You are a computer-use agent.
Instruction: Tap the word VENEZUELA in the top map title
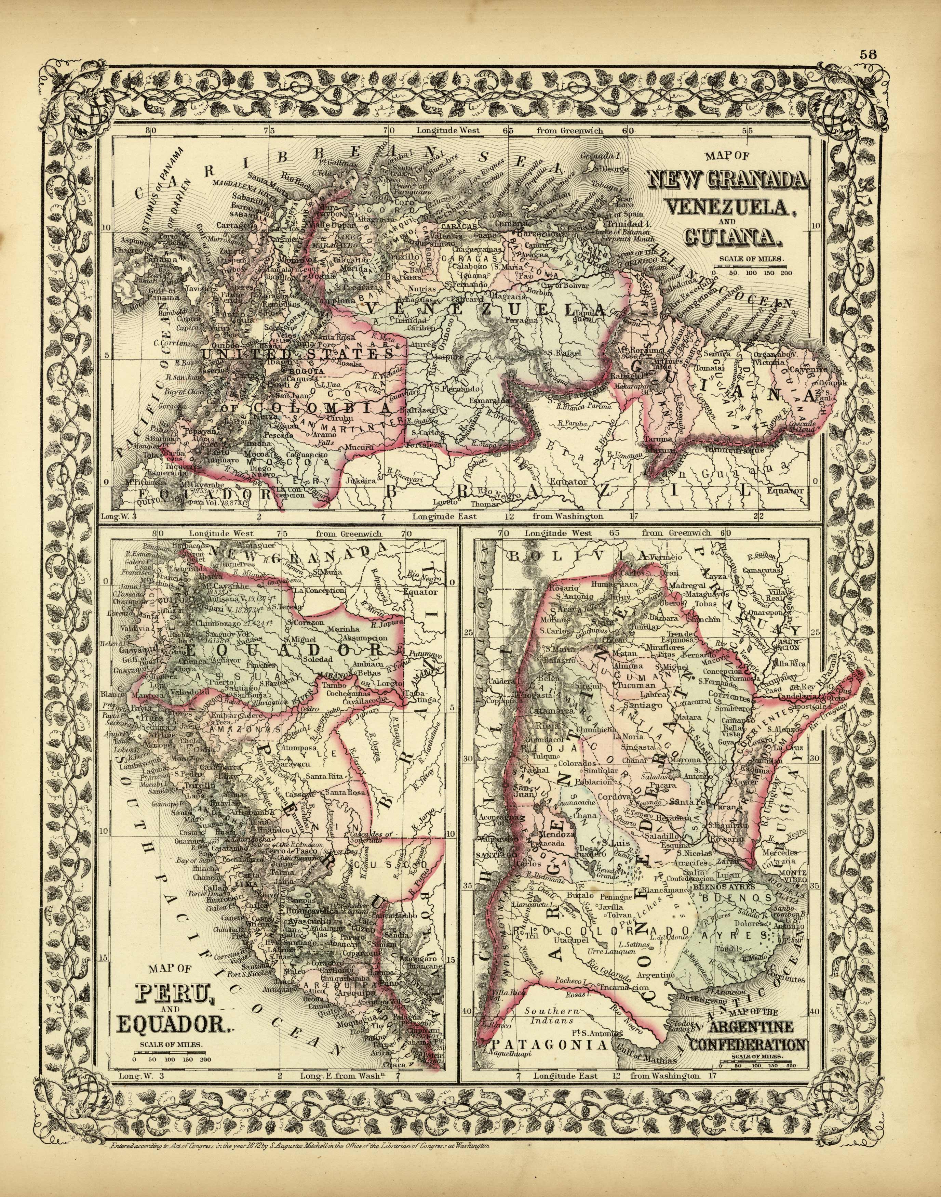coord(735,207)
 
